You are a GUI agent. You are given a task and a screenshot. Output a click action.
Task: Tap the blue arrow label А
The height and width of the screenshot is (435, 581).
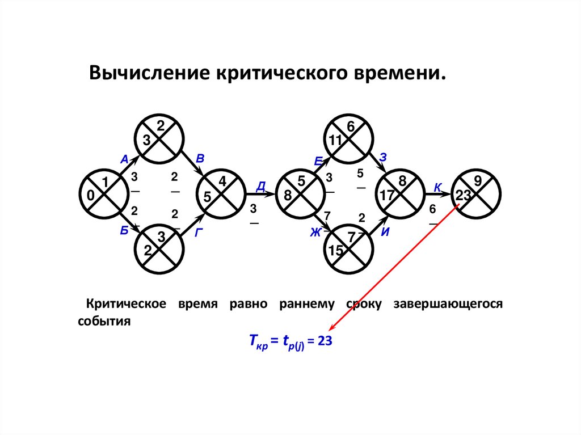[x=124, y=160]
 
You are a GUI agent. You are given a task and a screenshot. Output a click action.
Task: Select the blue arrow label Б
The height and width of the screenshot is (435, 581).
[x=124, y=230]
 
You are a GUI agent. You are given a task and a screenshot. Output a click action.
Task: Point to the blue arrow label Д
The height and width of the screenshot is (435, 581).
[x=261, y=186]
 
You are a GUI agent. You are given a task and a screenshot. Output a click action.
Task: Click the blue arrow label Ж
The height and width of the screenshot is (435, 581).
[x=315, y=231]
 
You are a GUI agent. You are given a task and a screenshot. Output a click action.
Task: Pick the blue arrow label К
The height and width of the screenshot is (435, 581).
[x=438, y=187]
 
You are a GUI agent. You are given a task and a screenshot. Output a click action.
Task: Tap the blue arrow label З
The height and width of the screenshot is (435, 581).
[x=383, y=158]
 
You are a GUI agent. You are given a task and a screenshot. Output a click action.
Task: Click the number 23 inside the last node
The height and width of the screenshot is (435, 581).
[x=463, y=195]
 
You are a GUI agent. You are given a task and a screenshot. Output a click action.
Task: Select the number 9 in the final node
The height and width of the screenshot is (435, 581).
[x=478, y=181]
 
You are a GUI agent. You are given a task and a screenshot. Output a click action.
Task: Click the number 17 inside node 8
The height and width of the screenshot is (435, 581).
[x=387, y=196]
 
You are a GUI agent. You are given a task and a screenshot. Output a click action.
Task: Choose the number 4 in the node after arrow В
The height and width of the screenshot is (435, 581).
[x=222, y=181]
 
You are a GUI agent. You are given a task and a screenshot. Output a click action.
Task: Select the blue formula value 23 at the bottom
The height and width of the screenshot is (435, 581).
[x=324, y=341]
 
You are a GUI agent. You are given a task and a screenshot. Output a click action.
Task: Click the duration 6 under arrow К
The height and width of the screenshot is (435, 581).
[x=432, y=209]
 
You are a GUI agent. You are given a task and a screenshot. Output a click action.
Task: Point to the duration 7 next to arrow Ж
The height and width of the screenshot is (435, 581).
[x=327, y=215]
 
